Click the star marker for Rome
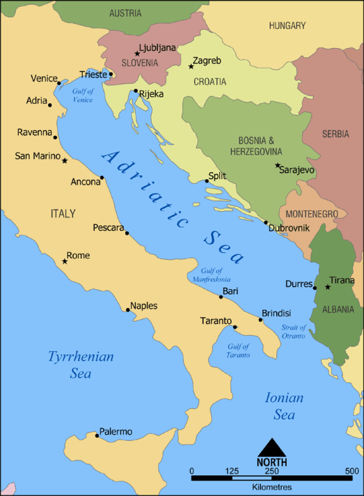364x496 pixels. [x=65, y=261]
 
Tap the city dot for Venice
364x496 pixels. [x=59, y=84]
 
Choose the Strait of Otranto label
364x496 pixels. [x=293, y=332]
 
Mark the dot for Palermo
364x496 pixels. [x=97, y=435]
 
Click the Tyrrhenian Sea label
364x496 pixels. [x=81, y=364]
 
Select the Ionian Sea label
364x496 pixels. [x=284, y=405]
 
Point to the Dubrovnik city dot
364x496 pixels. [x=266, y=223]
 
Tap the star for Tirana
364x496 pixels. [x=328, y=287]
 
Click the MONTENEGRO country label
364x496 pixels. [x=311, y=214]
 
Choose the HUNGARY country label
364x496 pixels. [x=287, y=26]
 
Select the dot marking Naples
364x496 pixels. [x=127, y=310]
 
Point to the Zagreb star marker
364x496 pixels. [x=191, y=66]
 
